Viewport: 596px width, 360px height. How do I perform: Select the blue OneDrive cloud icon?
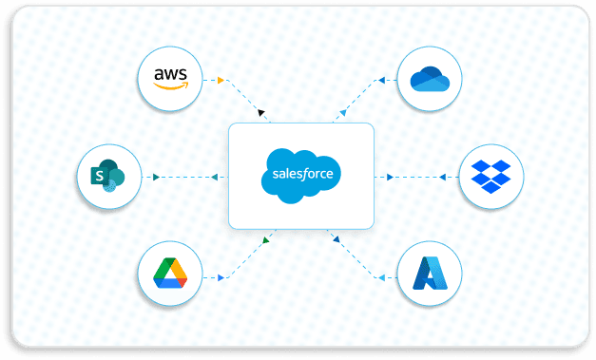point(429,78)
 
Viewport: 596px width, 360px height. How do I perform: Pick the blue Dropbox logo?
point(490,176)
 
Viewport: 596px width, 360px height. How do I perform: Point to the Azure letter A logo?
point(430,274)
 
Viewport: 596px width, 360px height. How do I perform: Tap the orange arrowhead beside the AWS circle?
point(220,79)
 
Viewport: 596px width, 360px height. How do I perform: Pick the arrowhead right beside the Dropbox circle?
point(444,177)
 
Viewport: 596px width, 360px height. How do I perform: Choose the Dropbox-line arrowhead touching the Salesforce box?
point(391,177)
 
